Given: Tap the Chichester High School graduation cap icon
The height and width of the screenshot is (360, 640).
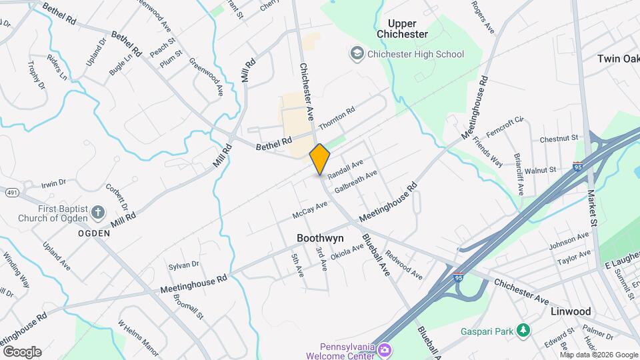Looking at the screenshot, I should (357, 53).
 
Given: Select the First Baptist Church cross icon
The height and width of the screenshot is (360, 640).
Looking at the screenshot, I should (98, 213).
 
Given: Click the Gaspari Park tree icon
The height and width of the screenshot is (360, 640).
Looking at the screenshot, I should (524, 330).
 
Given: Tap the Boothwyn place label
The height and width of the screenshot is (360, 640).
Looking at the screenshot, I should (320, 238).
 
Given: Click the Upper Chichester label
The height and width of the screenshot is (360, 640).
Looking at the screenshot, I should (402, 28).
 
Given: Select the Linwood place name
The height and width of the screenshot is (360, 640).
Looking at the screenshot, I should (571, 311).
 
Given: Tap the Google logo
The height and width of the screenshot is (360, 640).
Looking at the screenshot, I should (21, 351).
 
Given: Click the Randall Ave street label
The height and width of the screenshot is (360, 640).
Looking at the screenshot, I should (345, 169).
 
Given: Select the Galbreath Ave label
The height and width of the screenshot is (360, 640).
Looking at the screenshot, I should (356, 181).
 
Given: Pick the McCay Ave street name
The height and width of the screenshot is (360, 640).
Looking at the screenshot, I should (310, 210).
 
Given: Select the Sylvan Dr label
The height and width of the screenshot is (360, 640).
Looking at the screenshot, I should (183, 265).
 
